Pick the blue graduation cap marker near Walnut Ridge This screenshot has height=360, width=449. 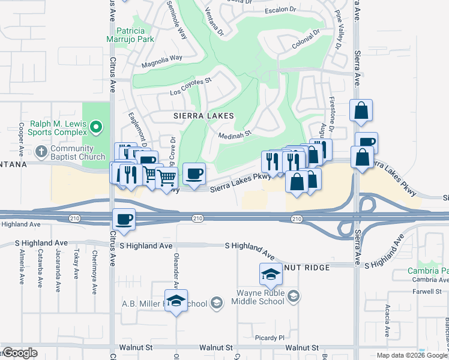pyautogui.click(x=271, y=275)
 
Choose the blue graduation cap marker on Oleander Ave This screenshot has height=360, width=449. pyautogui.click(x=176, y=301)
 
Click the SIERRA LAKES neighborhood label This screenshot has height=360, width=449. pyautogui.click(x=203, y=115)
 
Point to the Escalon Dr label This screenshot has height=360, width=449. pyautogui.click(x=280, y=10)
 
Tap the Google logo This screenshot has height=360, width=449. pyautogui.click(x=20, y=353)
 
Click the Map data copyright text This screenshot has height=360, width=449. pyautogui.click(x=412, y=355)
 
